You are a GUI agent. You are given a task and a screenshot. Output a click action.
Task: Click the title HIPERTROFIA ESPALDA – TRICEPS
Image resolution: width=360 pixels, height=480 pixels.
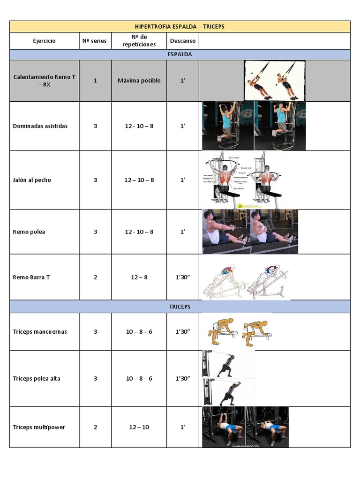tap(180, 27)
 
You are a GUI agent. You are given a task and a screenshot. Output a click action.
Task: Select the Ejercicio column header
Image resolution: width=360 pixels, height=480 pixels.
tap(44, 41)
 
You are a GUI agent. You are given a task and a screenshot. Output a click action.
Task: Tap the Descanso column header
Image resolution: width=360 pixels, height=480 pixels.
tap(183, 41)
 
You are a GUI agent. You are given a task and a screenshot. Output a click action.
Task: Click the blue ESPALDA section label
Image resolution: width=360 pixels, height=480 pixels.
tap(180, 54)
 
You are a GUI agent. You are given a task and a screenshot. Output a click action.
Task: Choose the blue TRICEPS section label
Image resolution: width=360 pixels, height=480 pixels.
tap(180, 307)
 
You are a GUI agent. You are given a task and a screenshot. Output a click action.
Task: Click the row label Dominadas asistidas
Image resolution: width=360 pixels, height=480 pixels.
tap(40, 126)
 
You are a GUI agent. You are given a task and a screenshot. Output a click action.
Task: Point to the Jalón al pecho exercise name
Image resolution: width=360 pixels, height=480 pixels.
tap(32, 180)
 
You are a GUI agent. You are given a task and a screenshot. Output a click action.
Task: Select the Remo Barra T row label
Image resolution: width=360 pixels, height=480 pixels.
tap(31, 277)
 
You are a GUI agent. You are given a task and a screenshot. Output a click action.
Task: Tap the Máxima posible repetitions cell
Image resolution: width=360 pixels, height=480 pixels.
tap(139, 81)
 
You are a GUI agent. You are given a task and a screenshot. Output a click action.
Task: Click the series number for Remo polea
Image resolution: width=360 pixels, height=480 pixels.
tap(95, 232)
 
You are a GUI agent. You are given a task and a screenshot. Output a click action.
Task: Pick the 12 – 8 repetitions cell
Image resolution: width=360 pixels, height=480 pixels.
tap(139, 277)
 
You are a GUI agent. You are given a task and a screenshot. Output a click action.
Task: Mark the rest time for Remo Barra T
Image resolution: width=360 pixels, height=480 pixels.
tap(183, 277)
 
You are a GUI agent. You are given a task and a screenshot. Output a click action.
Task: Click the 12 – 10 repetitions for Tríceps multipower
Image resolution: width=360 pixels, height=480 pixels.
tap(139, 427)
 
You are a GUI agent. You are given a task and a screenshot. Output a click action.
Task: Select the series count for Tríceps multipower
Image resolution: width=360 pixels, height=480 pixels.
tap(95, 427)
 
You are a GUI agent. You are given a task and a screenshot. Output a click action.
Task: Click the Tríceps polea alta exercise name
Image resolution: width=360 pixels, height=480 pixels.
tap(37, 378)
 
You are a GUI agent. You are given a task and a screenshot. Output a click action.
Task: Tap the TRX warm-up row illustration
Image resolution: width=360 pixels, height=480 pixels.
tap(275, 81)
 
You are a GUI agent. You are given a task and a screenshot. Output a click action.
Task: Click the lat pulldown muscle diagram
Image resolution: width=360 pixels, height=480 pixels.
tap(243, 180)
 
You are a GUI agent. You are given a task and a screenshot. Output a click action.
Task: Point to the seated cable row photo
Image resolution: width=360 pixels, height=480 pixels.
tap(250, 232)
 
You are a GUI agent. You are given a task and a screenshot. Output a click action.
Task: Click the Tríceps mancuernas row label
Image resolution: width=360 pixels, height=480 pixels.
tap(40, 331)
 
